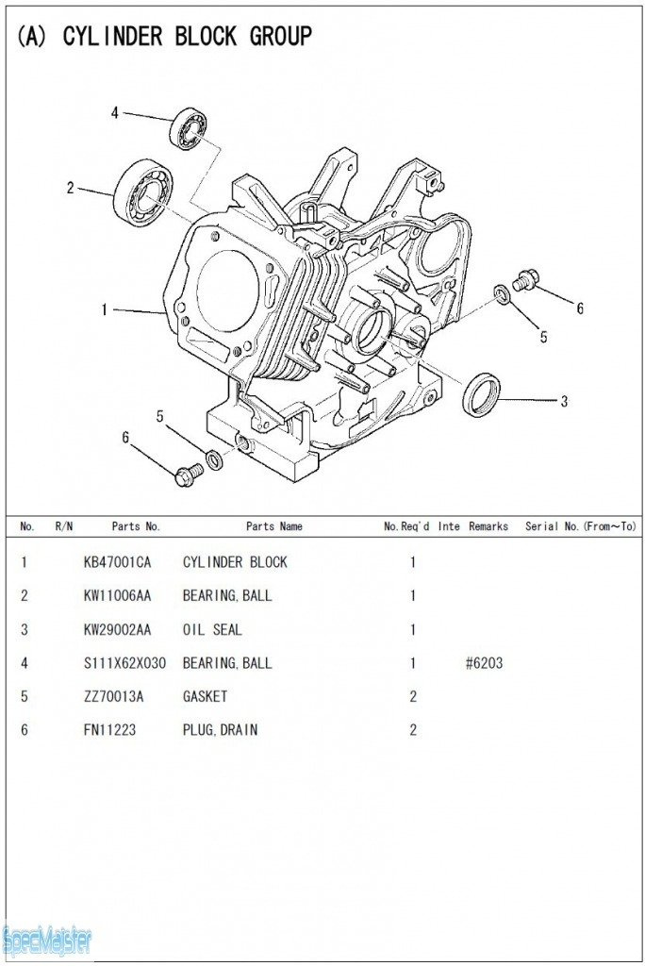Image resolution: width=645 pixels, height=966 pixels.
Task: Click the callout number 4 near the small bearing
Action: pyautogui.click(x=115, y=113)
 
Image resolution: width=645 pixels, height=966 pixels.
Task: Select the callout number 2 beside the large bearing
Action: pyautogui.click(x=70, y=188)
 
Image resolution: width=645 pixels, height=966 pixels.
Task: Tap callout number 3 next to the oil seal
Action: pyautogui.click(x=564, y=402)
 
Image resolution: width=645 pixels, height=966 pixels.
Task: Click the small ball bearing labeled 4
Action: pyautogui.click(x=189, y=129)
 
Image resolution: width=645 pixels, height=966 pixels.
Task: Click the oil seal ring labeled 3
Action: pyautogui.click(x=481, y=394)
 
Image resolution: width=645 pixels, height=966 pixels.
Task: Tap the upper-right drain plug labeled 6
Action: pyautogui.click(x=525, y=279)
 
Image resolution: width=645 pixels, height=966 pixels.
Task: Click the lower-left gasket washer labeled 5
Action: pyautogui.click(x=215, y=460)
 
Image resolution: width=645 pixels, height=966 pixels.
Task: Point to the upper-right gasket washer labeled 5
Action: pyautogui.click(x=504, y=296)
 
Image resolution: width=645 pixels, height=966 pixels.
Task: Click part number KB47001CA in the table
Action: pyautogui.click(x=117, y=562)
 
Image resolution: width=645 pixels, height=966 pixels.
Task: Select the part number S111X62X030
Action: pyautogui.click(x=124, y=663)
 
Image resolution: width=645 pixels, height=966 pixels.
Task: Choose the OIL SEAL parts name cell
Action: pyautogui.click(x=212, y=629)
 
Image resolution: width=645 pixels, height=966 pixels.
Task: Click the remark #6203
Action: pyautogui.click(x=484, y=663)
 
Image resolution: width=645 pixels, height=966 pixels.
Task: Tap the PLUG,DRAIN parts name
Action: pyautogui.click(x=220, y=730)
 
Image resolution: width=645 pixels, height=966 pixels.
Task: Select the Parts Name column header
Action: pyautogui.click(x=273, y=526)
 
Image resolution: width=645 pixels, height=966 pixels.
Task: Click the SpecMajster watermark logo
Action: pyautogui.click(x=47, y=940)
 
